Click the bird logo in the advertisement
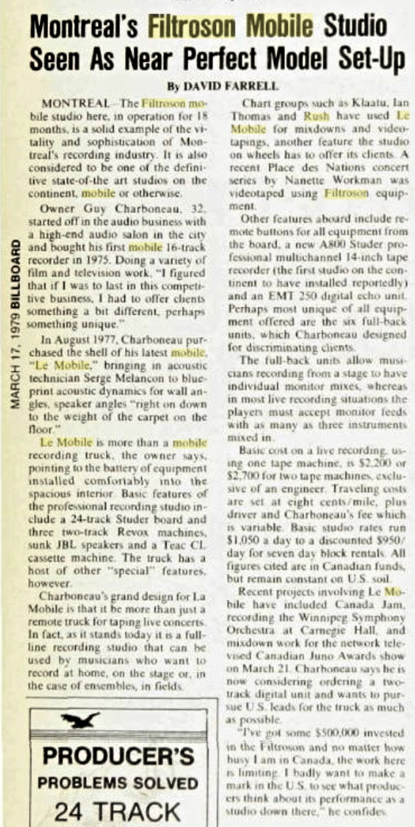coord(82,719)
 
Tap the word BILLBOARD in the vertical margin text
coord(17,278)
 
